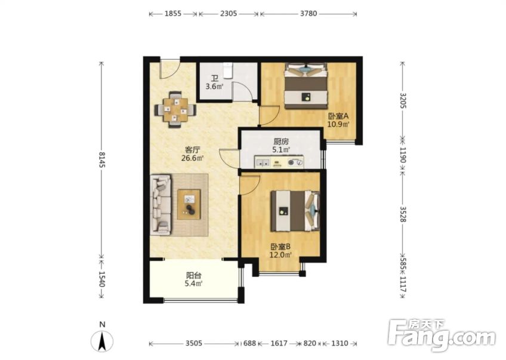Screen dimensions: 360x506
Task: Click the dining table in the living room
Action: pos(175,109)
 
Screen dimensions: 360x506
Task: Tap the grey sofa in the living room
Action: pos(161,204)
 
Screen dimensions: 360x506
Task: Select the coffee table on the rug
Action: pos(189,204)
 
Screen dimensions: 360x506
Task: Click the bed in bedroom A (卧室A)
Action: pos(306,85)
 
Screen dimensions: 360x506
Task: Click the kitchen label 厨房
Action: pos(281,141)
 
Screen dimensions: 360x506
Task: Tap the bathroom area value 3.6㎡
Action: pos(215,87)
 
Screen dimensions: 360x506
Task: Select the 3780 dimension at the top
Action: pos(308,13)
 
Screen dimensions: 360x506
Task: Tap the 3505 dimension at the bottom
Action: pos(193,344)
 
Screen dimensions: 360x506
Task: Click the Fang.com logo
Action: pos(441,335)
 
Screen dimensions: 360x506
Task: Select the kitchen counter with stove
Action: pos(279,162)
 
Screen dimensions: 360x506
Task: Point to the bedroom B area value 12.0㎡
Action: pos(281,255)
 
